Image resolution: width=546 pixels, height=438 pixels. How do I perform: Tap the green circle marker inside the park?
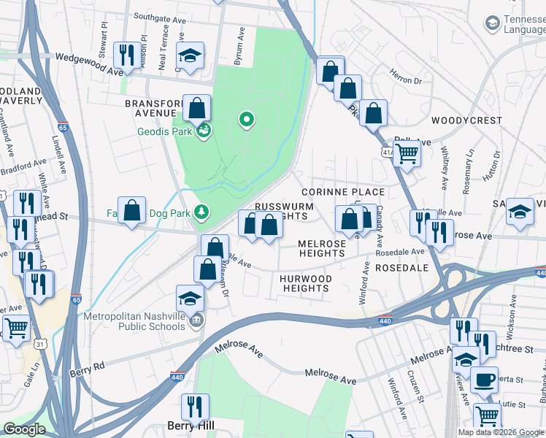point(247,119)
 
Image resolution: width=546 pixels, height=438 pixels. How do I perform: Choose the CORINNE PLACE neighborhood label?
point(348,191)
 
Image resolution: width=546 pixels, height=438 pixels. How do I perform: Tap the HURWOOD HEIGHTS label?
point(307,283)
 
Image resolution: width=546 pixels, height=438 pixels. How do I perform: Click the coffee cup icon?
point(483,380)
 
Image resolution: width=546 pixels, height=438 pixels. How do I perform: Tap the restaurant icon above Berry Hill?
point(195,405)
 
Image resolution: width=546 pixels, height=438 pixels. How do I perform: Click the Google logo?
point(24,430)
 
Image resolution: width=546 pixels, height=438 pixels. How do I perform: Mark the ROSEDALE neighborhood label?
point(401,268)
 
